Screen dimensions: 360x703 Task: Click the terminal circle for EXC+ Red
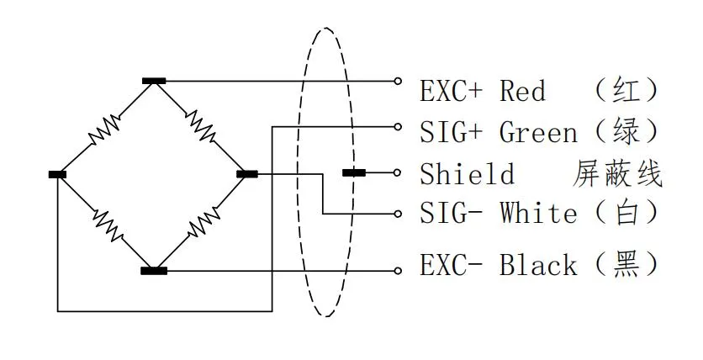(399, 81)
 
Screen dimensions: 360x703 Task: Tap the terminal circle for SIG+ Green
(399, 126)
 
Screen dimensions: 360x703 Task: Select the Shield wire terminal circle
(399, 172)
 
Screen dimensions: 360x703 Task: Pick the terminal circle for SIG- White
(399, 214)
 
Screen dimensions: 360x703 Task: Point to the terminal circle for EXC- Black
(399, 270)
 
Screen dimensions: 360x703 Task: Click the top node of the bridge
(154, 81)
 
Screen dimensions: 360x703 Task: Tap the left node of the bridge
(57, 174)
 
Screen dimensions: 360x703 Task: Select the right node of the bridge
(246, 174)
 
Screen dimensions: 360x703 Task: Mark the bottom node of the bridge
(154, 270)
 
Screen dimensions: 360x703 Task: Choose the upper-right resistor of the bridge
(201, 127)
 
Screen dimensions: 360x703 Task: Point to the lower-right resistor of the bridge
(201, 223)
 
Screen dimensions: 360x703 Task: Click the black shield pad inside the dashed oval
(353, 173)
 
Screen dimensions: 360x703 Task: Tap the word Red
(522, 90)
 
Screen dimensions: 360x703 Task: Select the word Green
(539, 132)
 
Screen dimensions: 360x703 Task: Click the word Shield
(467, 174)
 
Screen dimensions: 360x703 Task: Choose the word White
(539, 213)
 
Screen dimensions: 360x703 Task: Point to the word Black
(539, 266)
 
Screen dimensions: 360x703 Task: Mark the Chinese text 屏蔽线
(617, 174)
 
